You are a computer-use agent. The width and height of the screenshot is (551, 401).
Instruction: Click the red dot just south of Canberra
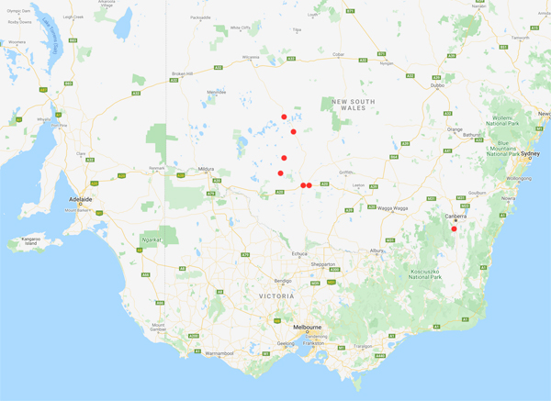pos(454,228)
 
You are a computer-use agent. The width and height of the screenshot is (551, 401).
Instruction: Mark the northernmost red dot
pos(285,117)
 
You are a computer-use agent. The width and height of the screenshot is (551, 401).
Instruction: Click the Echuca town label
pos(299,253)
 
